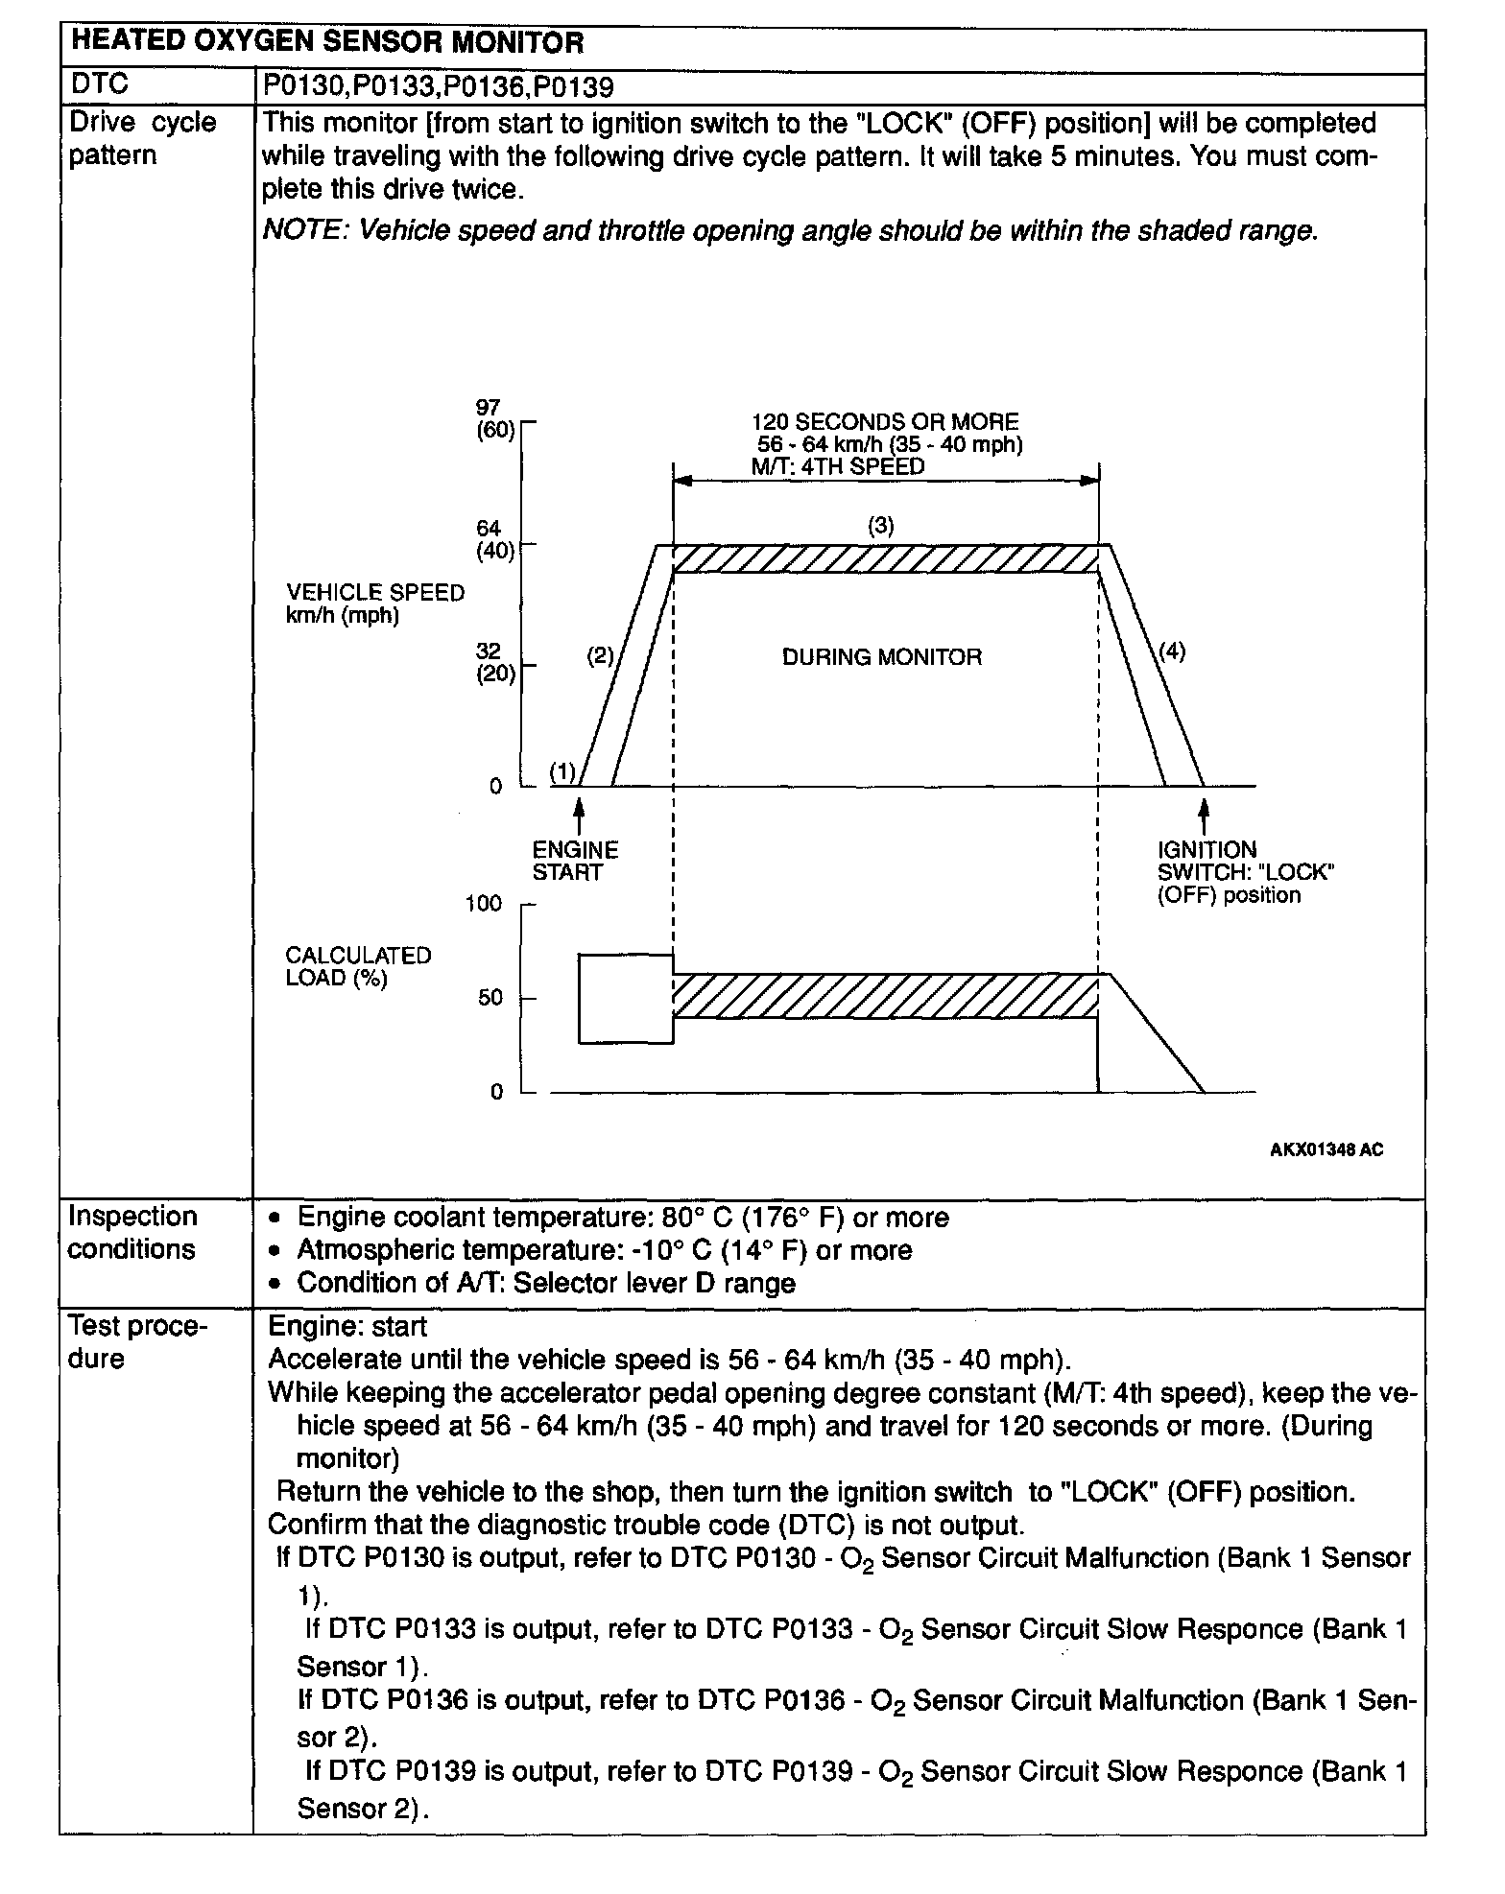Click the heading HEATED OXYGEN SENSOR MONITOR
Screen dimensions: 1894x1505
pyautogui.click(x=327, y=43)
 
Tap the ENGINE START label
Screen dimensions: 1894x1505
pyautogui.click(x=575, y=861)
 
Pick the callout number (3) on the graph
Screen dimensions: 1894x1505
pyautogui.click(x=881, y=525)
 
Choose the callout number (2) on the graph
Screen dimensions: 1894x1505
pyautogui.click(x=600, y=656)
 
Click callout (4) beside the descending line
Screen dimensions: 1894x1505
pyautogui.click(x=1172, y=651)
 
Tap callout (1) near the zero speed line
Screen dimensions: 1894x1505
pyautogui.click(x=562, y=771)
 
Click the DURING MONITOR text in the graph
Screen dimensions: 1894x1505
pyautogui.click(x=882, y=657)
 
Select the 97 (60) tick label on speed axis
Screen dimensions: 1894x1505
pyautogui.click(x=495, y=419)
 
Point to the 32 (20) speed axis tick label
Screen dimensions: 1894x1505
pyautogui.click(x=495, y=662)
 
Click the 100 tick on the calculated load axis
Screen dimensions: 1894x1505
pyautogui.click(x=484, y=903)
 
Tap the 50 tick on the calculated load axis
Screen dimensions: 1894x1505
pyautogui.click(x=490, y=998)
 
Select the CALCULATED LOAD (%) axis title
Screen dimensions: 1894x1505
pyautogui.click(x=358, y=966)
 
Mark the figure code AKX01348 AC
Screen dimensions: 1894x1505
pyautogui.click(x=1326, y=1149)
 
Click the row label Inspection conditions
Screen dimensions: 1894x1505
pyautogui.click(x=132, y=1232)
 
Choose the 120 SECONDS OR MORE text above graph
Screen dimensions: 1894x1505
pyautogui.click(x=884, y=422)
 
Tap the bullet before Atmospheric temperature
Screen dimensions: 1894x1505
pyautogui.click(x=276, y=1251)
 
